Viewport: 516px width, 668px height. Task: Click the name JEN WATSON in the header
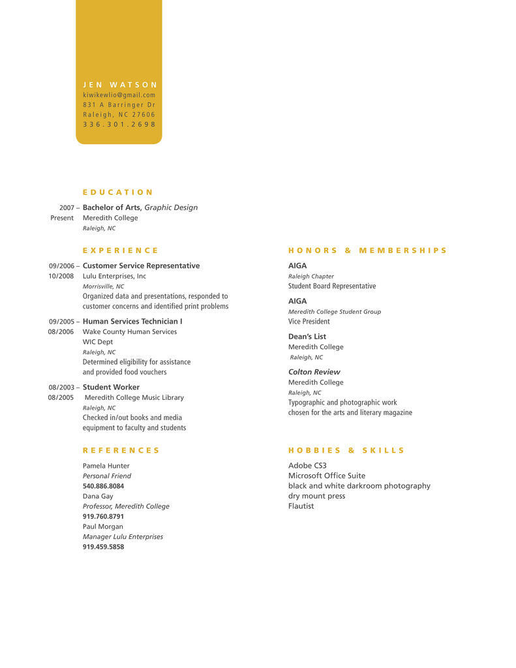coord(120,85)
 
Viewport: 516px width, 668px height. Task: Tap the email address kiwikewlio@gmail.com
coord(119,95)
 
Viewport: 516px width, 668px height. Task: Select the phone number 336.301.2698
coord(119,125)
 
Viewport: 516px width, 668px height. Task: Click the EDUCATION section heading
coord(117,192)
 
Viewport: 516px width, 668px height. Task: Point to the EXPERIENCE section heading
coord(120,250)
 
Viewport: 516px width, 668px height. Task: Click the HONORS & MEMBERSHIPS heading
coord(367,250)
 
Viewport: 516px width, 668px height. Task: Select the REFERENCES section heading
coord(121,451)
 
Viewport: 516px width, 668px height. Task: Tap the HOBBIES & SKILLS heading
coord(346,451)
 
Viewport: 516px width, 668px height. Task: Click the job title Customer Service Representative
coord(141,266)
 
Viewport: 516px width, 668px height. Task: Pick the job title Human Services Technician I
coord(132,322)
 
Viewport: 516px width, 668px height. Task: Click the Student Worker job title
coord(111,387)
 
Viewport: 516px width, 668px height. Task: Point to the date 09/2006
coord(61,266)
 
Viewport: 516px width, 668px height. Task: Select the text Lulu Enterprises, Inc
coord(114,277)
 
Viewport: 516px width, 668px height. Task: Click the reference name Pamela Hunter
coord(106,466)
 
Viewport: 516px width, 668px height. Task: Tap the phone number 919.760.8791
coord(103,517)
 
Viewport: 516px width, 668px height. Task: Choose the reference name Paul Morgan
coord(102,526)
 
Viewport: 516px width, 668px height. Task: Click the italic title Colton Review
coord(314,372)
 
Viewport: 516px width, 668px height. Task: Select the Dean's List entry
coord(307,337)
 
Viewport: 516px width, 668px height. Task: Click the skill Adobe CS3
coord(307,466)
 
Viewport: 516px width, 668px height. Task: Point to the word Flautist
coord(301,506)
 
